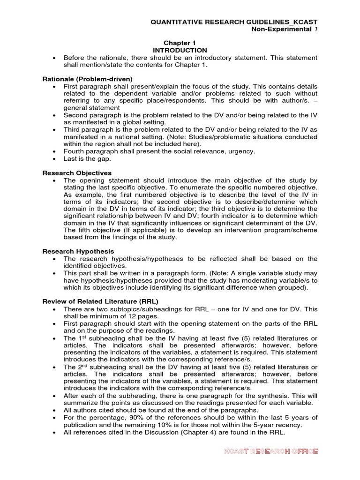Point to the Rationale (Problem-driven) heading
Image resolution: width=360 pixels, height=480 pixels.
[88, 79]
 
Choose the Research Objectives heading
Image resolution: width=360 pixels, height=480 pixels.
[77, 172]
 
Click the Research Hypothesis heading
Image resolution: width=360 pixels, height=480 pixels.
[78, 251]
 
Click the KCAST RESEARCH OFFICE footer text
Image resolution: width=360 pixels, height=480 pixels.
[271, 451]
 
